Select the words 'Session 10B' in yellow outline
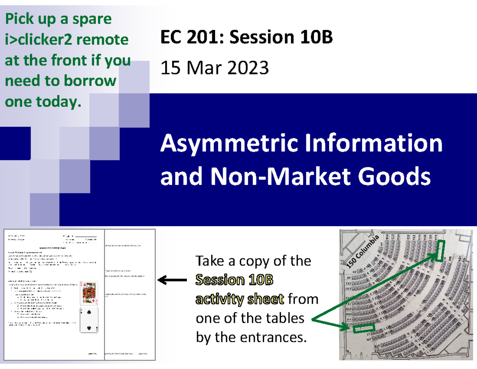click(235, 280)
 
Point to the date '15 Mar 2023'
click(214, 69)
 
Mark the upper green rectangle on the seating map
click(439, 251)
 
